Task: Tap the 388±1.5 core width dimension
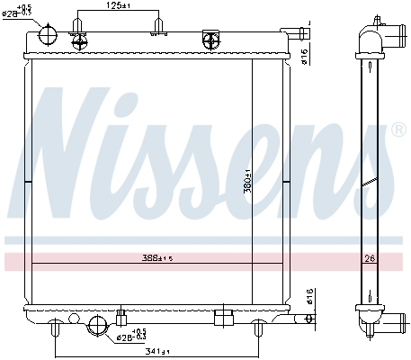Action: pyautogui.click(x=156, y=258)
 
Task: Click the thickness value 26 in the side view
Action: pyautogui.click(x=368, y=258)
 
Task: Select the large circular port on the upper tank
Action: pyautogui.click(x=49, y=35)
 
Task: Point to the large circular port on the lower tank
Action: pyautogui.click(x=94, y=326)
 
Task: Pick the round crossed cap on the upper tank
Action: pyautogui.click(x=212, y=39)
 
